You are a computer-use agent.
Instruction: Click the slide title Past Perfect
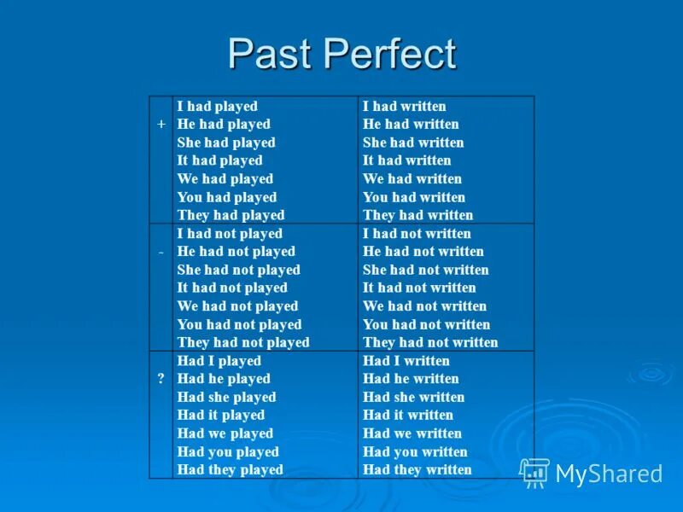(x=341, y=55)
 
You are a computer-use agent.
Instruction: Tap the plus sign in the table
(x=161, y=124)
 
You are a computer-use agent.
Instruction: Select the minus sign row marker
(x=161, y=251)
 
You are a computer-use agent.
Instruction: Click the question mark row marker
(x=161, y=378)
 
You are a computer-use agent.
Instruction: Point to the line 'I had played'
(x=217, y=107)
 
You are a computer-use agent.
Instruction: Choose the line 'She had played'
(x=225, y=143)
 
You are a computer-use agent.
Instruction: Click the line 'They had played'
(x=231, y=215)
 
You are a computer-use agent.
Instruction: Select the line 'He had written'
(x=411, y=125)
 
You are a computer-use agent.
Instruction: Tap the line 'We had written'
(x=412, y=179)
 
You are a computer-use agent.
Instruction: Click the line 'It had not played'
(x=232, y=288)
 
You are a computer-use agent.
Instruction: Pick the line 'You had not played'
(x=239, y=324)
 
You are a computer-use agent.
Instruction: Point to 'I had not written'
(x=417, y=234)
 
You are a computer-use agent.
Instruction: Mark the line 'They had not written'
(x=430, y=342)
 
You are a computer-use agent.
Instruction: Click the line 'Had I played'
(x=219, y=361)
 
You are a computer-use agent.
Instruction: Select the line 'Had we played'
(x=225, y=433)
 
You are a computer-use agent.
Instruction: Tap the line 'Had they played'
(x=230, y=469)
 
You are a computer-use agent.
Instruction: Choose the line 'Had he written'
(x=411, y=379)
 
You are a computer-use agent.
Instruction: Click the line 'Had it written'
(x=408, y=415)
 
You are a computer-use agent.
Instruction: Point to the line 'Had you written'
(x=415, y=451)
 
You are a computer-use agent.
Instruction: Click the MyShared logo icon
(x=534, y=472)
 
